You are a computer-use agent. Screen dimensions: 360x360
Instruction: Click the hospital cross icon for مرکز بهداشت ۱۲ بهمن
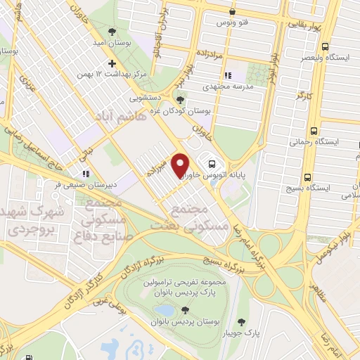[x=112, y=63]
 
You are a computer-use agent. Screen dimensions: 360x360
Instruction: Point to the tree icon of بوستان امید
[x=112, y=30]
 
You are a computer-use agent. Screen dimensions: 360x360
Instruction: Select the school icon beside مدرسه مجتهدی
[x=227, y=76]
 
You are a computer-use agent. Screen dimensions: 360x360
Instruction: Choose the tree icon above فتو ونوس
[x=232, y=12]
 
